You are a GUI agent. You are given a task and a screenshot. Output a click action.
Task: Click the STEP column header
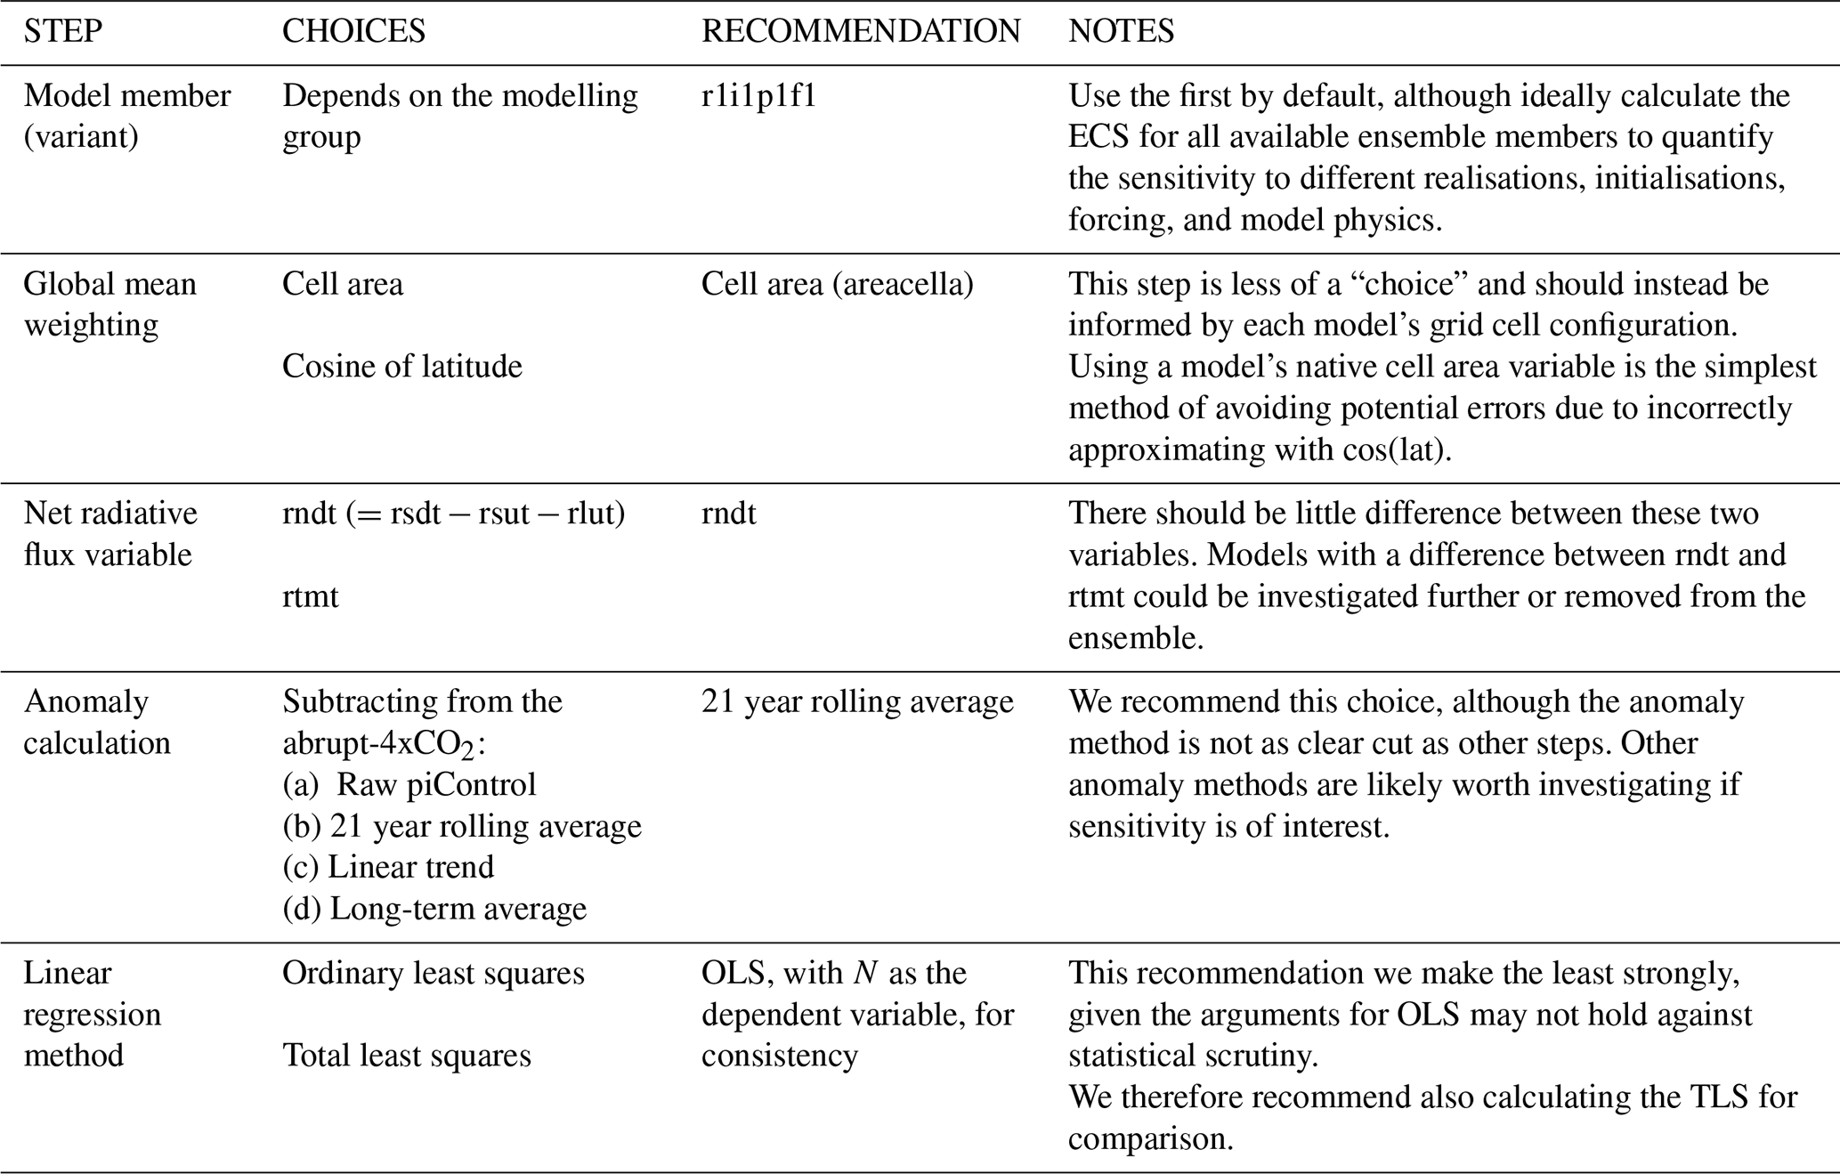tap(62, 31)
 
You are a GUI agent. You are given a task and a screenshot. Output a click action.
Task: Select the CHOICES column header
tap(353, 31)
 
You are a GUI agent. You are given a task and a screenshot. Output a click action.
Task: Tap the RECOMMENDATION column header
tap(860, 31)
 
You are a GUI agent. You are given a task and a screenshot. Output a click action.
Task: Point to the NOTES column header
tap(1121, 31)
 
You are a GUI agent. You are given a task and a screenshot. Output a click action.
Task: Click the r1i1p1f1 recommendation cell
tap(758, 95)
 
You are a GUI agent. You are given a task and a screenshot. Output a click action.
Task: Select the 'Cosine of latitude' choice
tap(401, 366)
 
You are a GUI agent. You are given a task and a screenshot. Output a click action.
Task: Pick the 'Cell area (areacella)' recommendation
tap(837, 284)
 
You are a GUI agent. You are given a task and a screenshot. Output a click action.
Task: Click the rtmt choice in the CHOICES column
tap(310, 595)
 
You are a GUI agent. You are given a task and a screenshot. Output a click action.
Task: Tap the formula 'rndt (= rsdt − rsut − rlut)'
tap(453, 514)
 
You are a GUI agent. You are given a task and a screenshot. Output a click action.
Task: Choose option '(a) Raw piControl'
tap(409, 784)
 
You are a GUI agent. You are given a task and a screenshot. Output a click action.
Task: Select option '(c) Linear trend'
tap(388, 867)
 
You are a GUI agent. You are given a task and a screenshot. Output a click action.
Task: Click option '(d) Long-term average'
tap(434, 909)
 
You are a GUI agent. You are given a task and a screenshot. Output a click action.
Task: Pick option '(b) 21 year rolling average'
tap(462, 826)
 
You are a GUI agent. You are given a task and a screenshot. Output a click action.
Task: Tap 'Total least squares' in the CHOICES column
tap(406, 1056)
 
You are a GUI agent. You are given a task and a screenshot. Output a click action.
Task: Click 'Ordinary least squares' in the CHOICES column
tap(434, 973)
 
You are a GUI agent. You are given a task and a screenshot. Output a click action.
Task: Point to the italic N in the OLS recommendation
tap(863, 973)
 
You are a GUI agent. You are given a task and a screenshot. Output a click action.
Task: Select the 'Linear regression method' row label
tap(93, 1014)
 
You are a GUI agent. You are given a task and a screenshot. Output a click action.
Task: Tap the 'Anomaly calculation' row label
tap(96, 722)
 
